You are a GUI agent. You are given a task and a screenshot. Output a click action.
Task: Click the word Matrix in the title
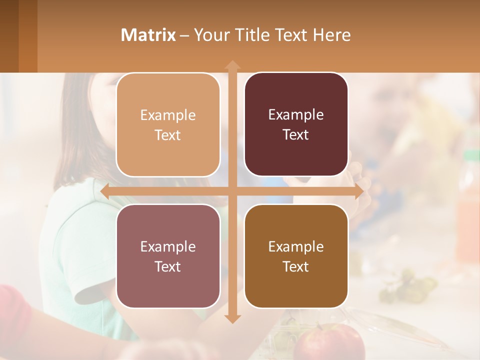tap(148, 35)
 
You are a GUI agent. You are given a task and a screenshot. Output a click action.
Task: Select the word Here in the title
tap(332, 35)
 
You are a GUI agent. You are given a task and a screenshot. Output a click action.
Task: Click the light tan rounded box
tap(168, 125)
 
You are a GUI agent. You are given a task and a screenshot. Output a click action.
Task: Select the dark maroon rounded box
tap(296, 124)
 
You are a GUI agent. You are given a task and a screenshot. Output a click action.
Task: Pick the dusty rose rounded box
tap(168, 256)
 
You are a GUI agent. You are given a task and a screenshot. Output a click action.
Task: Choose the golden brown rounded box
tap(296, 256)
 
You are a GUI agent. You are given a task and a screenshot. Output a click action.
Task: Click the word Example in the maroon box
tap(296, 115)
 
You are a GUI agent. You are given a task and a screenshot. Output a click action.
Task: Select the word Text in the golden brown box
tap(296, 266)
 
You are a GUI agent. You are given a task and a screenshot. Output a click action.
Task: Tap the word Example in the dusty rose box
tap(168, 246)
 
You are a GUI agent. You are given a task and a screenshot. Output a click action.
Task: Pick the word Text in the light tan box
tap(168, 135)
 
